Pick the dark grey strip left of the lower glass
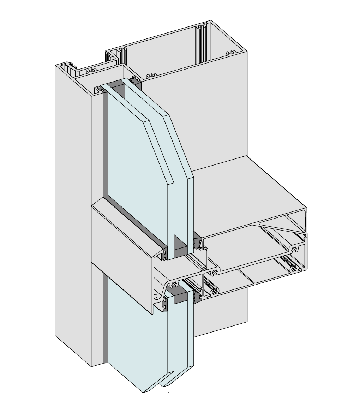pos(105,318)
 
